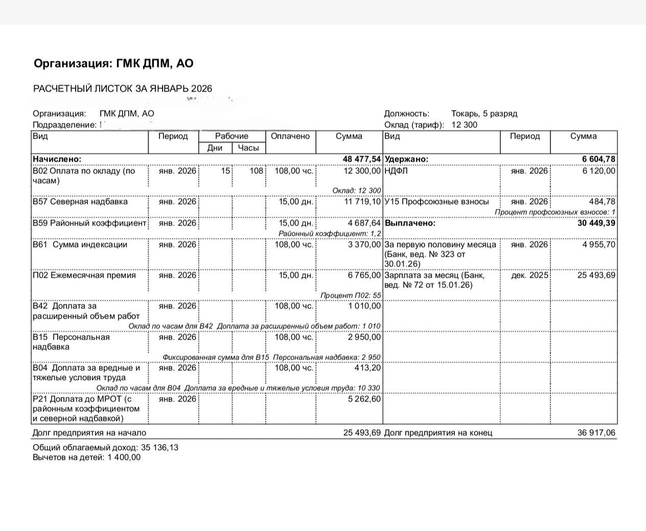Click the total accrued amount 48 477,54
[x=362, y=159]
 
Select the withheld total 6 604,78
[x=598, y=159]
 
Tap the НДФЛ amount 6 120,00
[x=598, y=171]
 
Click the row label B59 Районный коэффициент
[x=89, y=223]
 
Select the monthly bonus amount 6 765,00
[x=364, y=275]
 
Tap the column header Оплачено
[x=290, y=136]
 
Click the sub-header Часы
[x=248, y=148]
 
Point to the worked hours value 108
[x=256, y=171]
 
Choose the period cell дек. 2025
[x=530, y=275]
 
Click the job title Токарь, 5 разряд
[x=484, y=114]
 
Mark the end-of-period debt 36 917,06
[x=596, y=433]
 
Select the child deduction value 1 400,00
[x=124, y=457]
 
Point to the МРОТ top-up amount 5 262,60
[x=364, y=399]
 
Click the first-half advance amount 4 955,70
[x=598, y=245]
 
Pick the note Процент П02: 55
[x=351, y=295]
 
